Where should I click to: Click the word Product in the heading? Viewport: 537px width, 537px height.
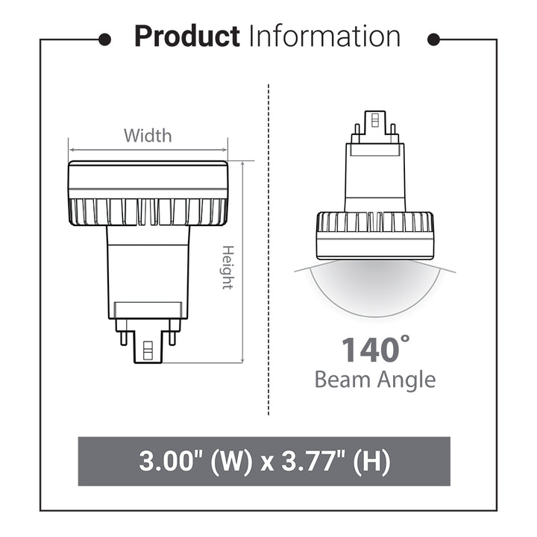(186, 37)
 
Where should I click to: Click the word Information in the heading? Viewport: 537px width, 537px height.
(324, 37)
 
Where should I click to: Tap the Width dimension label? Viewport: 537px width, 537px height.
(148, 136)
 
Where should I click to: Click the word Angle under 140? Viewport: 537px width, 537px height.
(405, 381)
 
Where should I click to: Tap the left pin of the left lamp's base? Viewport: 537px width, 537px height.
(122, 338)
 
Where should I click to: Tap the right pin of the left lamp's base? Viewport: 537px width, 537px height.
(172, 338)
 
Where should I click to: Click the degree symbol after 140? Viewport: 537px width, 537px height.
(405, 339)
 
